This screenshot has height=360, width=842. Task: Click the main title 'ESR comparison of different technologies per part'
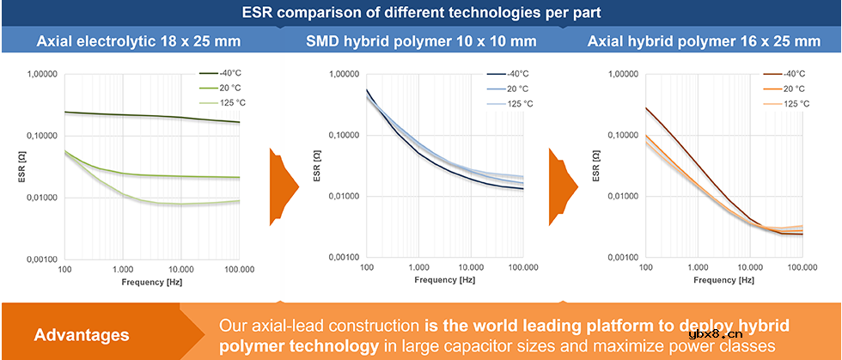420,13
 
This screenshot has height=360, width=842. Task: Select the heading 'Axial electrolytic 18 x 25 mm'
138,40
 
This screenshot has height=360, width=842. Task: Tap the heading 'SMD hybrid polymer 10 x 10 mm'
421,40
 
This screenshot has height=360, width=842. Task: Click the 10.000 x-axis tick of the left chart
180,270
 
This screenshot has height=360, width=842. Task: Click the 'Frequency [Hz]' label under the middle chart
444,280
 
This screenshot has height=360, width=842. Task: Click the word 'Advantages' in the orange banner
82,333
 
